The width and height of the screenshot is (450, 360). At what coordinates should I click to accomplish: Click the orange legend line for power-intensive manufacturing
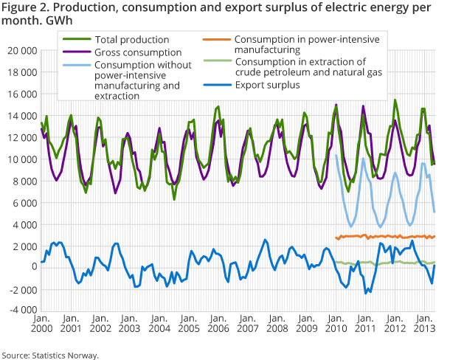218,39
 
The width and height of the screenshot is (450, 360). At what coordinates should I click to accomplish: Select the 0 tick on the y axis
34,267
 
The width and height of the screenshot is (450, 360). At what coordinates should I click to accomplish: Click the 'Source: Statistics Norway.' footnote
50,355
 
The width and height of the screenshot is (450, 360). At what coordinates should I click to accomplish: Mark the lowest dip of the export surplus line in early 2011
366,293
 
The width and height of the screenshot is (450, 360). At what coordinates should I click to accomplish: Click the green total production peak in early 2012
395,100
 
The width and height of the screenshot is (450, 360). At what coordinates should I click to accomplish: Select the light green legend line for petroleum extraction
218,66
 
